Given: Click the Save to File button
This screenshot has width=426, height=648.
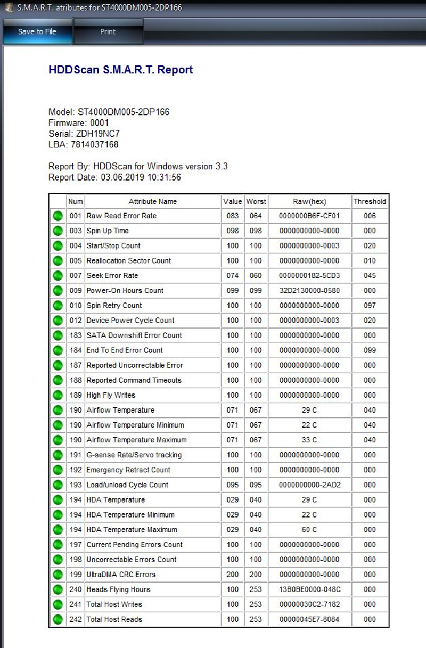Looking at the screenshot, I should [x=37, y=31].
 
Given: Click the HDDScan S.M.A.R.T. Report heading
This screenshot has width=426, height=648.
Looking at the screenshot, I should [x=120, y=70].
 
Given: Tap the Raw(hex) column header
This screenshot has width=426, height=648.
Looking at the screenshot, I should [x=309, y=201].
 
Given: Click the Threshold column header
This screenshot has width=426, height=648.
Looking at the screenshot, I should [x=370, y=201].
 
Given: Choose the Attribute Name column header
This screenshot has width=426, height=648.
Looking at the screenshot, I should [x=152, y=201].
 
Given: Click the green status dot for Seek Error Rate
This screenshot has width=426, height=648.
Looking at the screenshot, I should [x=58, y=276].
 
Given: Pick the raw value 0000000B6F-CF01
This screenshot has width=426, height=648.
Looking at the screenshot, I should [x=309, y=216].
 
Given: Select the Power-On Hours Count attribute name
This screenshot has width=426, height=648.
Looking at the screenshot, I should [x=125, y=291].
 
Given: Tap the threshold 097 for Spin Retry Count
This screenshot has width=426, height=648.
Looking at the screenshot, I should [x=370, y=306].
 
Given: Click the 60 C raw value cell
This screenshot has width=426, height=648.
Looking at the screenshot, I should [x=309, y=529].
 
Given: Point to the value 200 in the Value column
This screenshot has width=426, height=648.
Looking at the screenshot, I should [x=232, y=574].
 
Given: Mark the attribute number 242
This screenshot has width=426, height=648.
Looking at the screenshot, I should [x=76, y=619].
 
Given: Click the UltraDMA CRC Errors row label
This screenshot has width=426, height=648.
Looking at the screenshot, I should [x=121, y=574].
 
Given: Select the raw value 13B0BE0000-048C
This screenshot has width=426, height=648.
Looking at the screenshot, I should [x=309, y=589].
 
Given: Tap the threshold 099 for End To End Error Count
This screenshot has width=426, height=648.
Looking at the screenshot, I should [x=370, y=350].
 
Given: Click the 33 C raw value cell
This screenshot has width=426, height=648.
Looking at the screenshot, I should [x=309, y=440].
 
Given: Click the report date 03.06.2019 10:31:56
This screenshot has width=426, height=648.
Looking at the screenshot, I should [x=141, y=177].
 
